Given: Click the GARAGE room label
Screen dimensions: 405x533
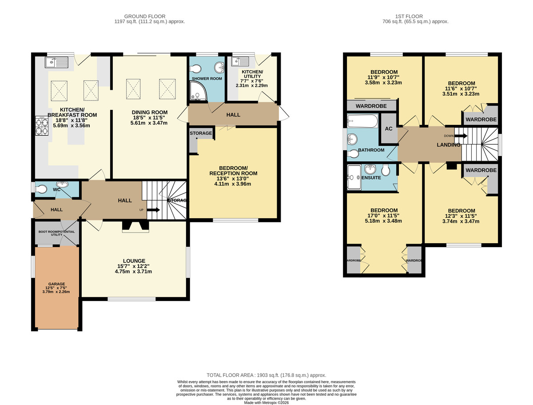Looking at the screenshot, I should (56, 284).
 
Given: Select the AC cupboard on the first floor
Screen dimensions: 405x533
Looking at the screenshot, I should (388, 128).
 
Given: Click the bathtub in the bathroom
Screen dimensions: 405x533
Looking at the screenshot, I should (362, 121).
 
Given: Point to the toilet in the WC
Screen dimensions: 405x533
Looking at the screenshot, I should (41, 189).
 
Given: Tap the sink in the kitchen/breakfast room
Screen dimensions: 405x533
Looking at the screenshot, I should (56, 63).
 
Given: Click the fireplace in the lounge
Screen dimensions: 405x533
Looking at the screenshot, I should (135, 226).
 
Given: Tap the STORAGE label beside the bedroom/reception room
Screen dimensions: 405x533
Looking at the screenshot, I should (201, 133).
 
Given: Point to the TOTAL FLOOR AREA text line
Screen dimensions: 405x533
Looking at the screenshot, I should (266, 375).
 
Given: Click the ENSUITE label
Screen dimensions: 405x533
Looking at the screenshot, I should (371, 178).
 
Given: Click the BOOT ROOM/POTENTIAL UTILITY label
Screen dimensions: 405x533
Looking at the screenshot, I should (56, 233).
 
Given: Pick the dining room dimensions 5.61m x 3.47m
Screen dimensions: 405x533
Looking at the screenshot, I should (149, 122).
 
